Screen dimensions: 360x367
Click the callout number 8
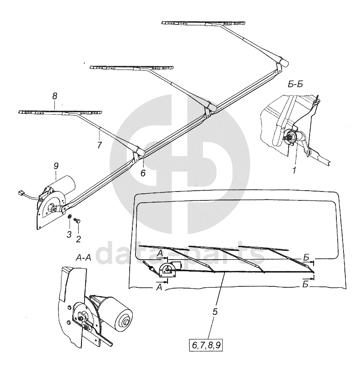tap(54, 95)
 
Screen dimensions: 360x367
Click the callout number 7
tap(99, 146)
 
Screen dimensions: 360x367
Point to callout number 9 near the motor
tap(56, 166)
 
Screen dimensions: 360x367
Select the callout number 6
tap(143, 173)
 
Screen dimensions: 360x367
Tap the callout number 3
tap(69, 234)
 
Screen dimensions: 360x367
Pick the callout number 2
tap(78, 239)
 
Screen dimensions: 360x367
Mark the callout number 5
tap(215, 312)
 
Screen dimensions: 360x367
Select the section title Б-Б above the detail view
tap(295, 85)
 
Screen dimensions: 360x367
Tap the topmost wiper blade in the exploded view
tap(205, 23)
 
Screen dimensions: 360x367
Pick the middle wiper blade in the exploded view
tap(131, 68)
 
